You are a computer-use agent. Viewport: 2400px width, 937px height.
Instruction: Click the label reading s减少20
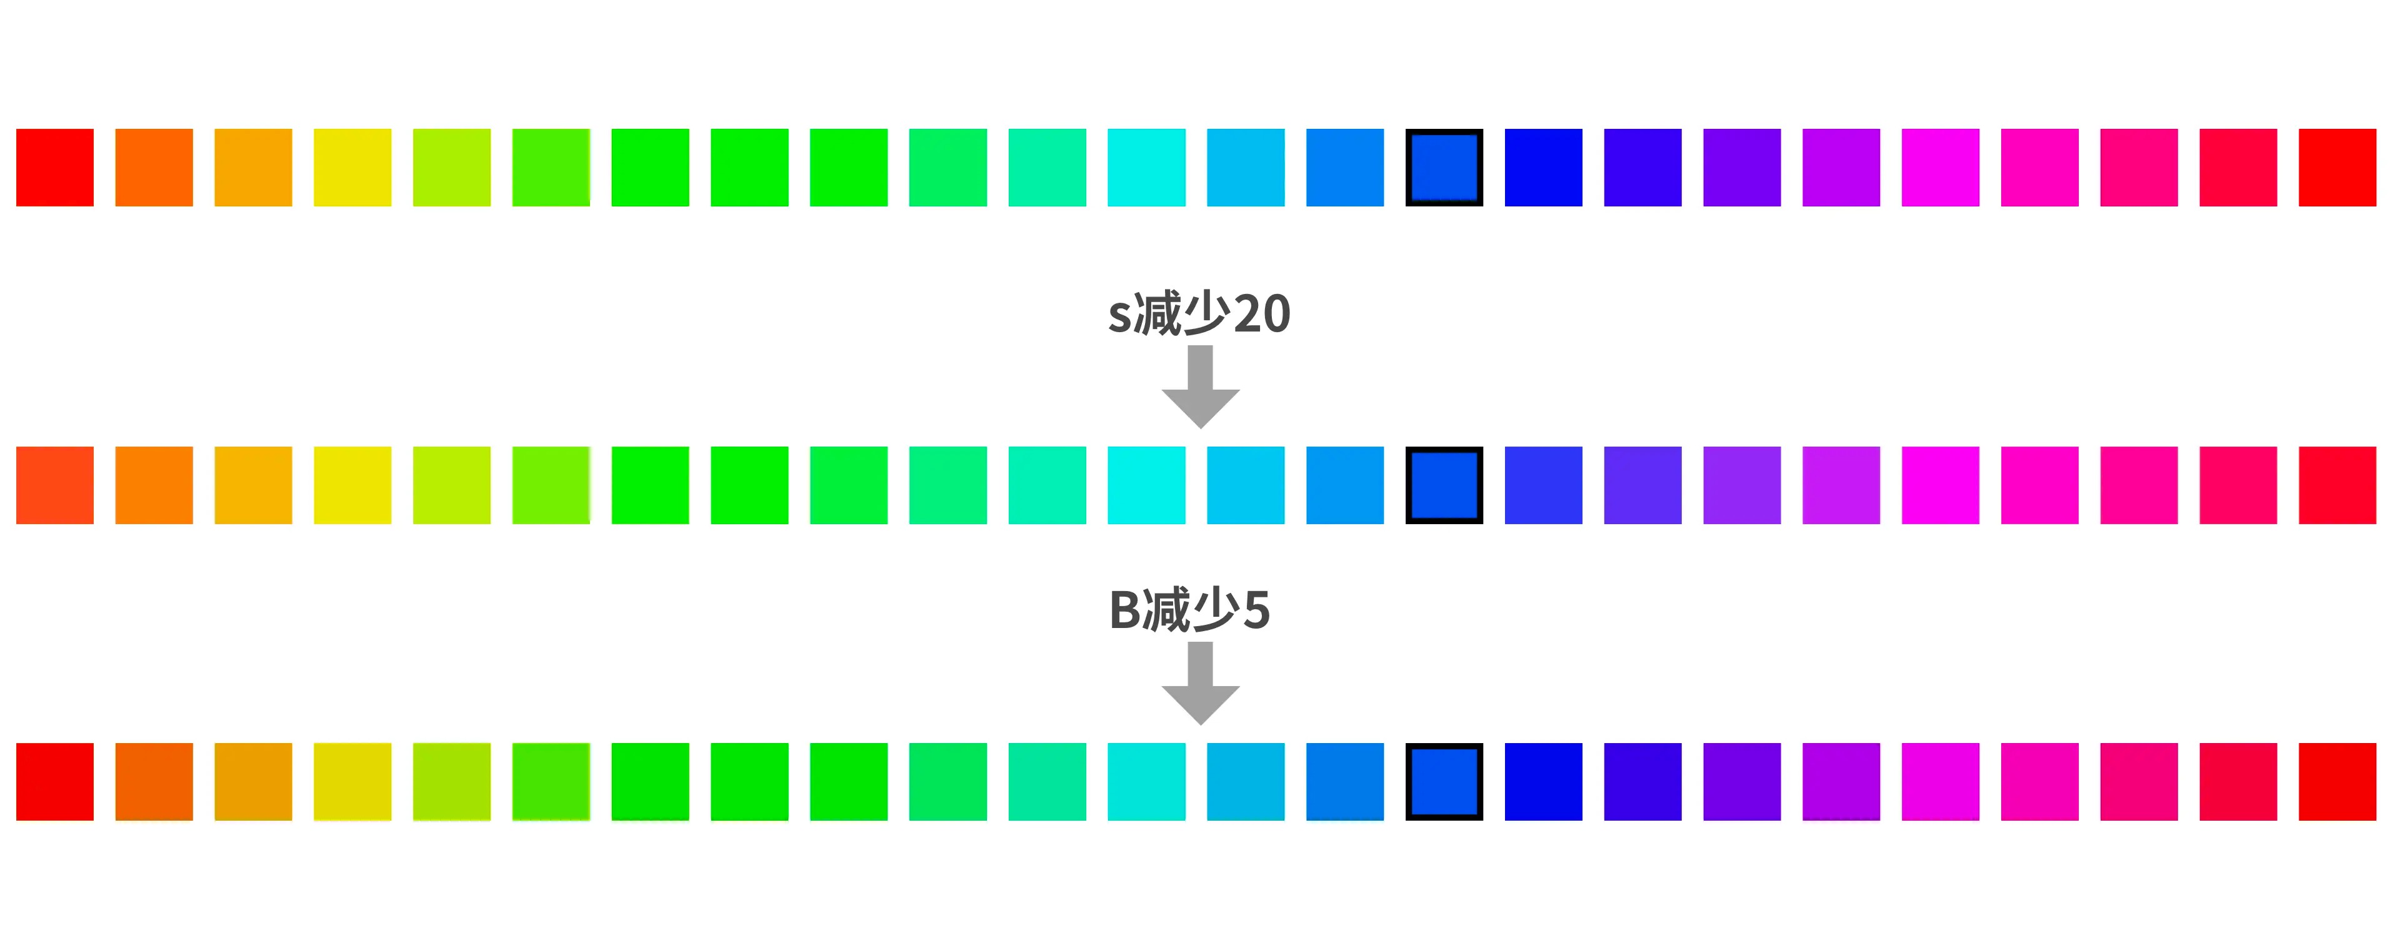1199,313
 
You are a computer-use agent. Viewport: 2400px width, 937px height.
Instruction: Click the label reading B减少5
1189,610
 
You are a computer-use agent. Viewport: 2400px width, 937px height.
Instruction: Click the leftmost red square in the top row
55,168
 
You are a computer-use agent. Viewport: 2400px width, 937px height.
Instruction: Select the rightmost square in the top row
2337,168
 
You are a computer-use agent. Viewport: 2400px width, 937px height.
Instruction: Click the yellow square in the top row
352,168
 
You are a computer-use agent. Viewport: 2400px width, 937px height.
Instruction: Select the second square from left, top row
154,168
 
